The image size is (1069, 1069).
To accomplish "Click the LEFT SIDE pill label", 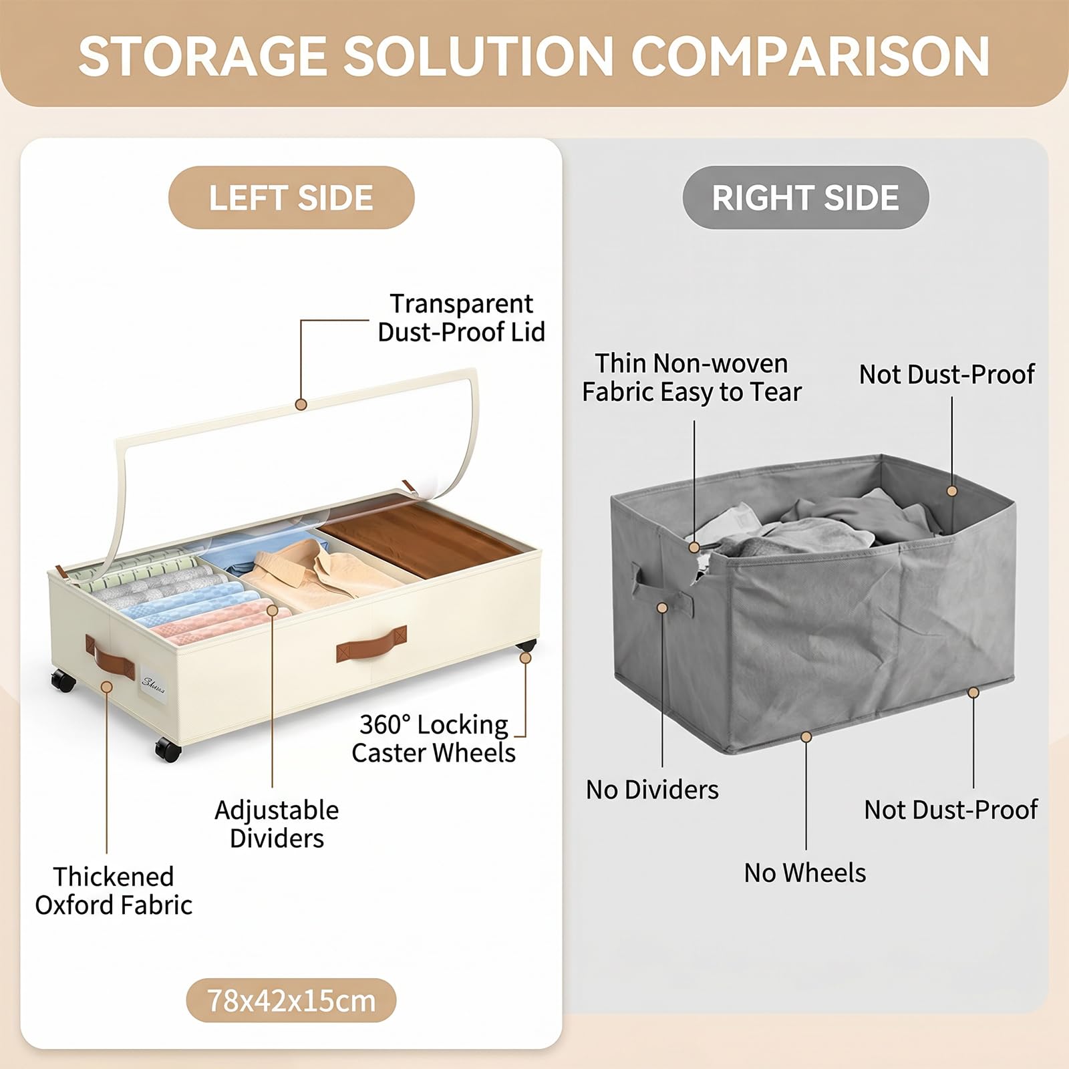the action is coord(291,198).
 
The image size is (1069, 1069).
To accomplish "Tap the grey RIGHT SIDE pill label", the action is coord(805,198).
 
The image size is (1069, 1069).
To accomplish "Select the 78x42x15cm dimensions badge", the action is coord(291,1000).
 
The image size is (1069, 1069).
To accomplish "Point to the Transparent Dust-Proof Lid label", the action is coord(461,317).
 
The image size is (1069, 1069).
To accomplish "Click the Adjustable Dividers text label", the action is coord(277,824).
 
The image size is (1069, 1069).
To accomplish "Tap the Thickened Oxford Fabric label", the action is coord(114,891).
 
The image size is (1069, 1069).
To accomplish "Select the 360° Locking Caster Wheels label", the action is coord(434,738).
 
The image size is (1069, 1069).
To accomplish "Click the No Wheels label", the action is coord(805,873).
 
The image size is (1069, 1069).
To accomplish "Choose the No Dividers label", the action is coord(652,790).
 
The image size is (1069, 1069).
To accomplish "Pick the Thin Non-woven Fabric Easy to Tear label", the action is coord(692,377).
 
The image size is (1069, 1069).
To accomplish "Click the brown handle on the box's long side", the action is coord(371,643).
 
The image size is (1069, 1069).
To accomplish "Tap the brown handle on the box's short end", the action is coord(110,657).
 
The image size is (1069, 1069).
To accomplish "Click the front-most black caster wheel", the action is coord(168,749).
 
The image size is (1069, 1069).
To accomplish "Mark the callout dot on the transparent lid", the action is coord(301,404).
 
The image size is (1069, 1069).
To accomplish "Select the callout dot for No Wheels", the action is coord(806,737).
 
